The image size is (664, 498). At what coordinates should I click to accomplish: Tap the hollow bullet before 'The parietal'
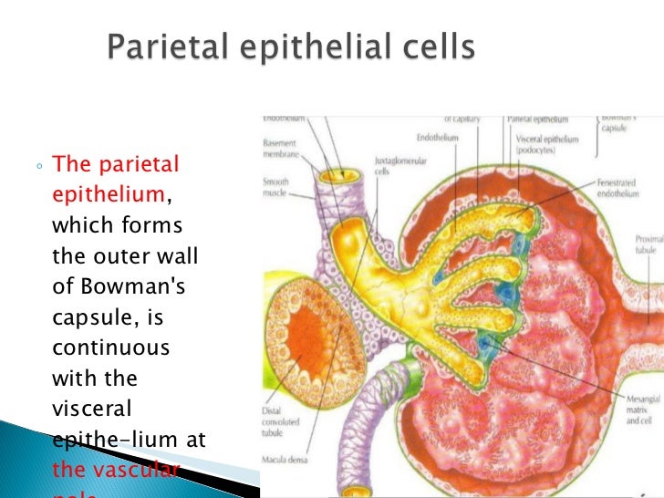coord(41,168)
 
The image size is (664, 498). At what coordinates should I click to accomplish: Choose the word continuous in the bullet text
coord(110,348)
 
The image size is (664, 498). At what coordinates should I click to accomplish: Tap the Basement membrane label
coord(279,149)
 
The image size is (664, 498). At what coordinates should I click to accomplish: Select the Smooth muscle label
coord(275,187)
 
